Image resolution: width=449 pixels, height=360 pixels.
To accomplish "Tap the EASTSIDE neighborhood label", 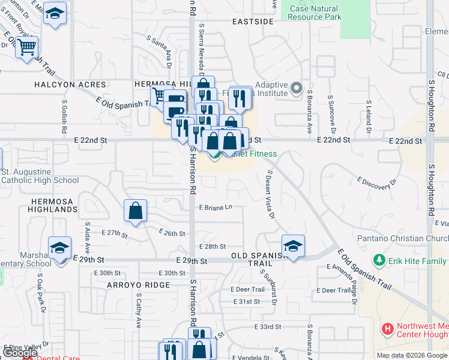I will click(253, 22).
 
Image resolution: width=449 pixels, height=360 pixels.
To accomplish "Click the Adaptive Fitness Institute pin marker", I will click(295, 89).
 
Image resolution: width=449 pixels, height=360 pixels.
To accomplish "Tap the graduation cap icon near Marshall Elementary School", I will click(60, 248).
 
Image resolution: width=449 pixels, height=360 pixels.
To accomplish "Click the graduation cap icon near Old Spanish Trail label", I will click(293, 245).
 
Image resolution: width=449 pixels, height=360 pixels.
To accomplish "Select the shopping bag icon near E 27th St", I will click(136, 211).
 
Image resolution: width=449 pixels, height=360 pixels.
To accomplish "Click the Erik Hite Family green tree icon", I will click(379, 260).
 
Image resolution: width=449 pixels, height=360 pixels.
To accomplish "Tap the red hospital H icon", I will click(388, 329).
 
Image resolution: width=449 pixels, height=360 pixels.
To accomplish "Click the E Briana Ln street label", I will click(215, 208).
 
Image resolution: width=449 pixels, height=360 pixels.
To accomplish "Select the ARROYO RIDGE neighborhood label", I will click(139, 286).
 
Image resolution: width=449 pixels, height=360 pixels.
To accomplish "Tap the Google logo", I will click(20, 353).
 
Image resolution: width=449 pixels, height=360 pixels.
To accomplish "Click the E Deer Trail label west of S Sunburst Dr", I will click(247, 289).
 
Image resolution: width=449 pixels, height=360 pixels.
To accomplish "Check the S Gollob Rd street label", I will click(64, 112).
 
